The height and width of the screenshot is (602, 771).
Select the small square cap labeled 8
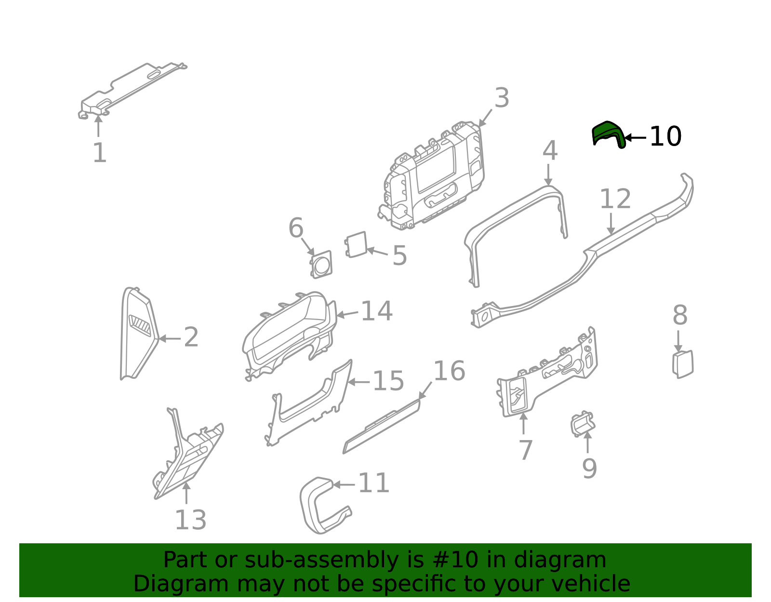pos(683,364)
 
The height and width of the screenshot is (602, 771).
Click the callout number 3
pos(502,98)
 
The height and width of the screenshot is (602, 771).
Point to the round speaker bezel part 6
pos(321,265)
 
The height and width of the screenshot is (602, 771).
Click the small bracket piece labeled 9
pos(582,424)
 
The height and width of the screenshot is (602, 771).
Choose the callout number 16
pos(449,371)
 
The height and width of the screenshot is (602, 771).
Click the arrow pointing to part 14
pos(347,314)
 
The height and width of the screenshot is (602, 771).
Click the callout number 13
pos(190,520)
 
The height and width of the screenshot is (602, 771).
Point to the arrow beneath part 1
pos(98,126)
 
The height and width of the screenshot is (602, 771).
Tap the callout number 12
pos(615,199)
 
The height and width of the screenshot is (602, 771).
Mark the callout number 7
pos(525,450)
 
